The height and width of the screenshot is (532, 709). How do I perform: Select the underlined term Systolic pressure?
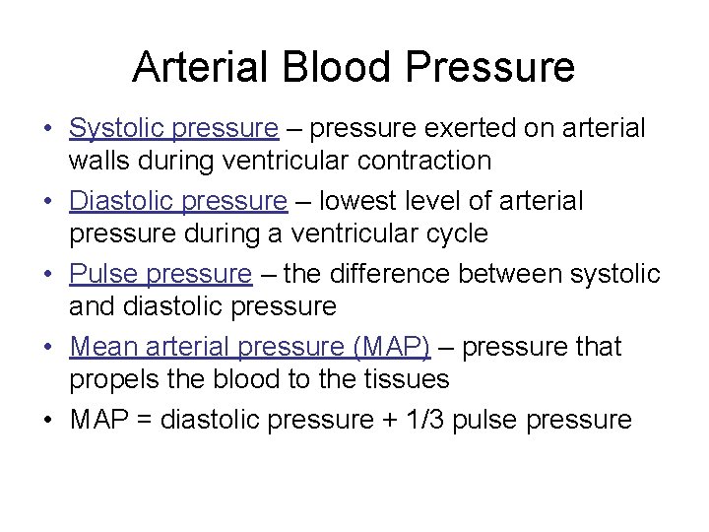pyautogui.click(x=174, y=129)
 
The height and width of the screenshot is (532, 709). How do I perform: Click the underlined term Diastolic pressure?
pyautogui.click(x=178, y=202)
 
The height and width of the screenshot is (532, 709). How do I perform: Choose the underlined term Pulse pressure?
pyautogui.click(x=161, y=274)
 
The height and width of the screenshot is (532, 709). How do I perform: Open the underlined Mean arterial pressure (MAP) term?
pyautogui.click(x=250, y=347)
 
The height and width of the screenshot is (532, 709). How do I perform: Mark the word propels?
pyautogui.click(x=111, y=378)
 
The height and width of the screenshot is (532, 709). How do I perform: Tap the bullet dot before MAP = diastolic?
pyautogui.click(x=47, y=421)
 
